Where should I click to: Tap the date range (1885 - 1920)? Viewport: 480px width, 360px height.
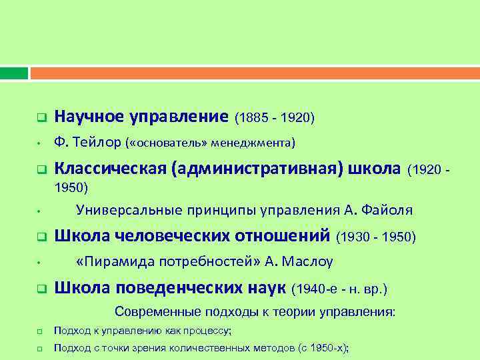pos(275,118)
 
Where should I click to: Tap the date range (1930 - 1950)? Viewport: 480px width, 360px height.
pos(377,236)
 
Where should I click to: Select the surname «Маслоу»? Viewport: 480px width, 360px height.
pos(309,261)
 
